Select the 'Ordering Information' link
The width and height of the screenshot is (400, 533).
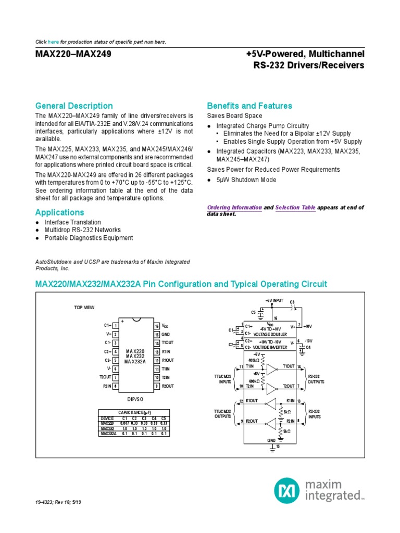tap(234, 207)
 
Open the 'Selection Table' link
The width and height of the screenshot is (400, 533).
tap(295, 207)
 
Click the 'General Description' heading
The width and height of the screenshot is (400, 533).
tap(74, 106)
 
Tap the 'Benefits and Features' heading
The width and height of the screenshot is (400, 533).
tap(249, 106)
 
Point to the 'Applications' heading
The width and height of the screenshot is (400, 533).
tap(59, 212)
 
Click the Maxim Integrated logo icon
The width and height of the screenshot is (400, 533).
tap(287, 489)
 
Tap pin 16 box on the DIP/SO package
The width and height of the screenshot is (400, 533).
tap(156, 326)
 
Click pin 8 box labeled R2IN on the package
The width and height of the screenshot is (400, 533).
tap(115, 386)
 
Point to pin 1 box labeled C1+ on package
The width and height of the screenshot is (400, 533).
tap(115, 326)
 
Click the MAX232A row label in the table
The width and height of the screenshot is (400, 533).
tap(108, 433)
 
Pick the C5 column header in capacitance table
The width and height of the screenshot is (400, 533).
tap(164, 419)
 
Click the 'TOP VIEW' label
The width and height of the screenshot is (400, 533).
tap(84, 308)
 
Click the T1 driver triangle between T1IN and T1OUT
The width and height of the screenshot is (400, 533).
tap(271, 370)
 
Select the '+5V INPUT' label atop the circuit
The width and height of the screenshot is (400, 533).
tap(274, 301)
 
